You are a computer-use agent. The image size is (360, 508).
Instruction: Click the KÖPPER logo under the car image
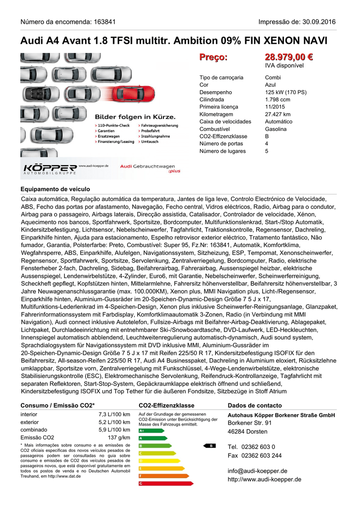coord(50,168)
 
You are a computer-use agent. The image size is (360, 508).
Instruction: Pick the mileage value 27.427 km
coord(278,114)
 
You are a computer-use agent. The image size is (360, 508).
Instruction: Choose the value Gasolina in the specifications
coord(276,129)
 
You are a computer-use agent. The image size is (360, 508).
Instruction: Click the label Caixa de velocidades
coord(225,122)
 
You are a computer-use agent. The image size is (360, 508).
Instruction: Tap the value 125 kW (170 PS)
coord(286,92)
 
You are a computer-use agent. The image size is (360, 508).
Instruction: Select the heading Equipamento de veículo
coord(55,189)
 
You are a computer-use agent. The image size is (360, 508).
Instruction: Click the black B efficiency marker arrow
coord(210,445)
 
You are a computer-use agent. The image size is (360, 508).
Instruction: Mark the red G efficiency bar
coord(159,483)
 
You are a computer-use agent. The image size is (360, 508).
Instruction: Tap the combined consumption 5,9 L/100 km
coord(114,430)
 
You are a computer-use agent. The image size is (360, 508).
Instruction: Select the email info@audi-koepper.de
coord(257,471)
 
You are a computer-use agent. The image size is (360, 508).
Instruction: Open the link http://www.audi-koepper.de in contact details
coord(264,479)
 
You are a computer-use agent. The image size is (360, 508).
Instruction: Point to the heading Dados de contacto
coord(254,405)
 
